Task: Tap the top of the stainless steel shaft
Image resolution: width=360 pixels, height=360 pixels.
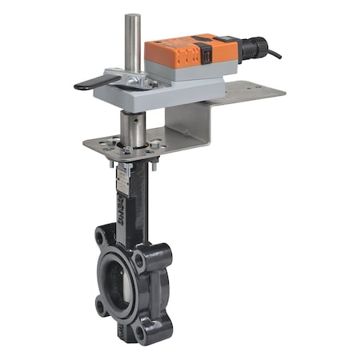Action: pos(133,17)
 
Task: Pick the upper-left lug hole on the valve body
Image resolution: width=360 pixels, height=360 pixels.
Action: pos(103,237)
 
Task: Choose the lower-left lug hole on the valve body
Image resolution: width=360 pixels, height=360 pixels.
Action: pos(103,303)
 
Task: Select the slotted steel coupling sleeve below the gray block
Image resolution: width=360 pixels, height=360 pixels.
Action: pos(133,127)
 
